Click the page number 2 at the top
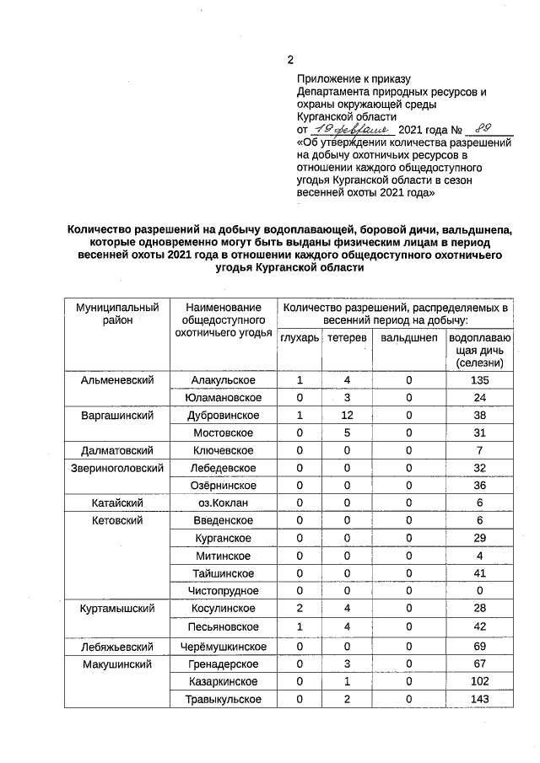(x=290, y=61)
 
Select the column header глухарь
(x=300, y=338)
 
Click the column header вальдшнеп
(x=408, y=338)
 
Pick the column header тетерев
(x=347, y=338)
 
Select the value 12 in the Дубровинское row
(x=347, y=416)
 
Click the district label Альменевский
(x=117, y=380)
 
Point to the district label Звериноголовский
(x=117, y=468)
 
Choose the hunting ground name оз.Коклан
(x=224, y=503)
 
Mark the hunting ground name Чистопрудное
(x=224, y=591)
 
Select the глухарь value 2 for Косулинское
(x=300, y=609)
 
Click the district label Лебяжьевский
(x=117, y=647)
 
